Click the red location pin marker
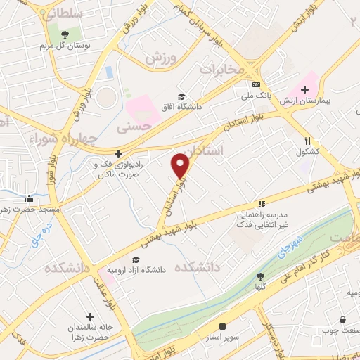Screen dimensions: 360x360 pos(181,166)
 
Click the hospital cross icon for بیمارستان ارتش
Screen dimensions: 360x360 pos(304,89)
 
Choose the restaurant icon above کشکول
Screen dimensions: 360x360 pos(307,140)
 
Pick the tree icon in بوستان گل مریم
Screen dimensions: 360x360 pos(65,33)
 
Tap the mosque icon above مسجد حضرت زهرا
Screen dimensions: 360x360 pos(28,198)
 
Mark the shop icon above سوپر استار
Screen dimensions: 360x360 pos(222,326)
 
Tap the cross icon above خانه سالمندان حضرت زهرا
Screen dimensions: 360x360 pos(90,316)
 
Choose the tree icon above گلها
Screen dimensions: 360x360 pos(260,276)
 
